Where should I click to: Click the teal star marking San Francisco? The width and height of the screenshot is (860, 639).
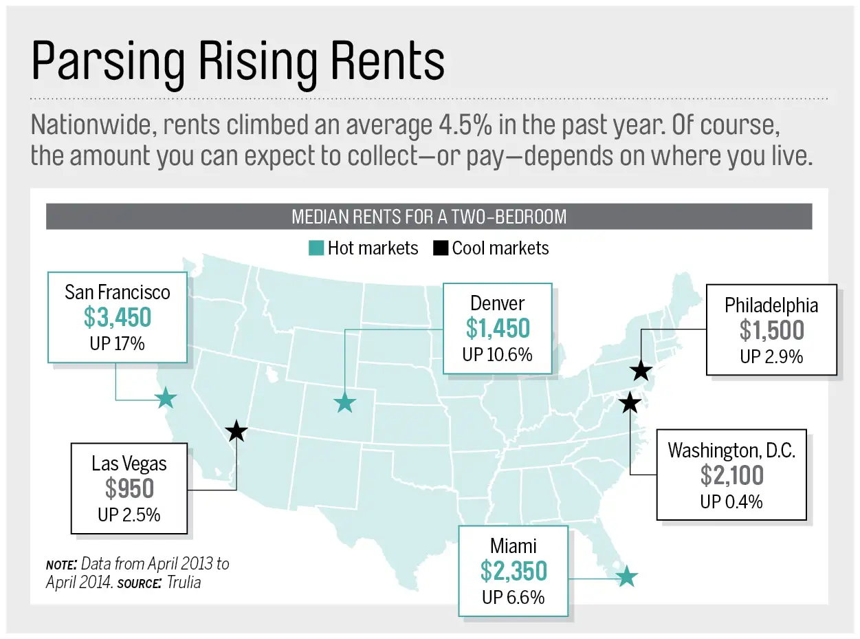[166, 398]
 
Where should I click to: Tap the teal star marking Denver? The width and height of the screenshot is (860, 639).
[344, 402]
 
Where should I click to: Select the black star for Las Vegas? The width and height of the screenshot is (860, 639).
[236, 431]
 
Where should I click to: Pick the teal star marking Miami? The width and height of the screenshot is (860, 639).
[626, 576]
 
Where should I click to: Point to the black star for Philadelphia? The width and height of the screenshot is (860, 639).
[641, 371]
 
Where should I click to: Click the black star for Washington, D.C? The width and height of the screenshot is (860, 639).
[629, 402]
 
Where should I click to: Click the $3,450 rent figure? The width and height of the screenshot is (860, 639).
[117, 318]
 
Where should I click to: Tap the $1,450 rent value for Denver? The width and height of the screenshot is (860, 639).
[498, 329]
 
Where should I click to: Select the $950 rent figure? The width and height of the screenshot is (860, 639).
[129, 488]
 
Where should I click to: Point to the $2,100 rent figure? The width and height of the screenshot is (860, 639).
[731, 475]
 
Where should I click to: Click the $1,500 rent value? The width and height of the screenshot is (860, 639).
[771, 331]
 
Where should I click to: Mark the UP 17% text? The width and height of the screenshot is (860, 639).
[117, 343]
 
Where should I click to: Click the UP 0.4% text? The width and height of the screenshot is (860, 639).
[731, 501]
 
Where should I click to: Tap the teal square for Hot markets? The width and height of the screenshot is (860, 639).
[316, 248]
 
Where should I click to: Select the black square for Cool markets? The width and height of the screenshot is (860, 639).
[440, 248]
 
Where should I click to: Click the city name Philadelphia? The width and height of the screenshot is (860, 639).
[771, 305]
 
